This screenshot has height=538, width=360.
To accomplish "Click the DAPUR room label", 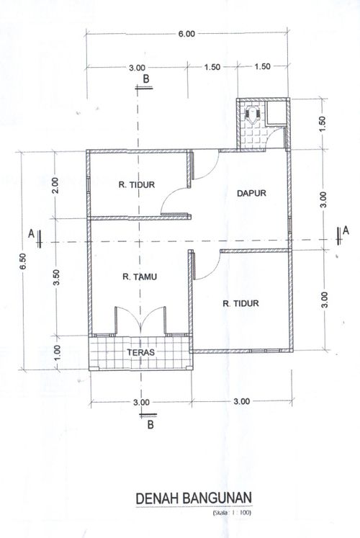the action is click(251, 193).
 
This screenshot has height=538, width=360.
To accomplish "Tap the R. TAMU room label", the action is click(140, 277).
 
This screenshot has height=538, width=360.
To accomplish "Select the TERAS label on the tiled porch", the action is click(140, 352).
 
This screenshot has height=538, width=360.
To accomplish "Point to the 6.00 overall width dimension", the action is click(186, 34).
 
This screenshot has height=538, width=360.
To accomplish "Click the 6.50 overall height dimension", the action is click(23, 261).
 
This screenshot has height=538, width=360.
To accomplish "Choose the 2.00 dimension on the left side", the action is click(56, 185).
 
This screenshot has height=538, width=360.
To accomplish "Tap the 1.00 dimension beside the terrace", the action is click(57, 352).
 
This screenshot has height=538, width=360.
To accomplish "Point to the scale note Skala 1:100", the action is click(232, 514).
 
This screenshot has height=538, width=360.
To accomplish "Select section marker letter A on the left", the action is click(31, 233).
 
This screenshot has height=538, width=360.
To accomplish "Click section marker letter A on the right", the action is click(346, 230).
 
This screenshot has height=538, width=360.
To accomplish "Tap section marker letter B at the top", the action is click(146, 79).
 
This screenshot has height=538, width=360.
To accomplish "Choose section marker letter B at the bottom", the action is click(150, 425).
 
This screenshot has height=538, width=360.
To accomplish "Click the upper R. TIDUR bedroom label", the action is click(137, 184).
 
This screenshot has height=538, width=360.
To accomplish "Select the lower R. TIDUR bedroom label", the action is click(240, 303).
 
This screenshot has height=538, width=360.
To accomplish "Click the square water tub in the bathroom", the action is click(276, 112).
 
